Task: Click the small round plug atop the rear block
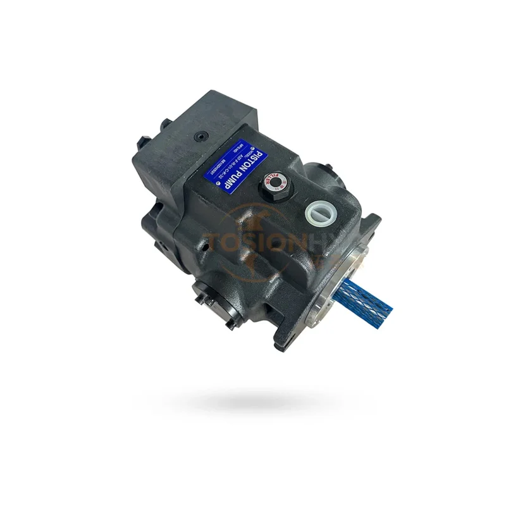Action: tap(201, 135)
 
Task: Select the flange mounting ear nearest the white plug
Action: tap(373, 225)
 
